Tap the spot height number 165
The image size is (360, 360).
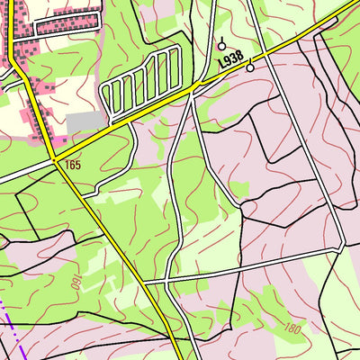(73, 166)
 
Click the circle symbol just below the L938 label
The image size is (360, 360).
(250, 67)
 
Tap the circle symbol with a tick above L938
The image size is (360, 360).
(221, 45)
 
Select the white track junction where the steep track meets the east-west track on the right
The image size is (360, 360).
(340, 245)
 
